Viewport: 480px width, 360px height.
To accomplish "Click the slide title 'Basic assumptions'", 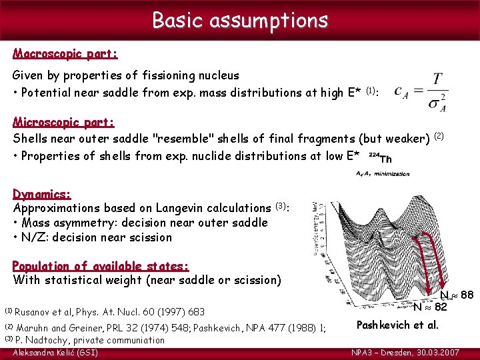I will point(240,20).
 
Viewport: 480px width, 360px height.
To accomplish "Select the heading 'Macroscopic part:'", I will point(65,53).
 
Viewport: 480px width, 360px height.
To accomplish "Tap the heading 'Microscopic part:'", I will point(64,123).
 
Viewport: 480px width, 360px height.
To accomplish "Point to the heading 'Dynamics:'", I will point(42,194).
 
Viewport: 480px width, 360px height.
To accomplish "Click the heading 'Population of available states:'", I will point(101,265).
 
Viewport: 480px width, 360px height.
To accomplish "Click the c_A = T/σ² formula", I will point(421,92).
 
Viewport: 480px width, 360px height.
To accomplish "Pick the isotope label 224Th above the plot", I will point(381,159).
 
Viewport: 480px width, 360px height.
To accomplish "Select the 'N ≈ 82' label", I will point(430,307).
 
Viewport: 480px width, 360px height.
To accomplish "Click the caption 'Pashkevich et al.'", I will point(397,325).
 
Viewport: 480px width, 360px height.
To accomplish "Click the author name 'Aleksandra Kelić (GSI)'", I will point(55,352).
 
